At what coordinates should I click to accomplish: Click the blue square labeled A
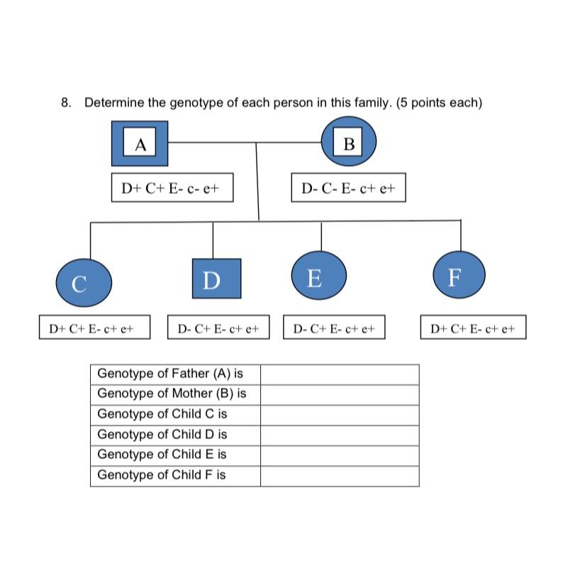(140, 143)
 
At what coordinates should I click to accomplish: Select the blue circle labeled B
(348, 143)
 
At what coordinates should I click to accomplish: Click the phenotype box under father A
(172, 189)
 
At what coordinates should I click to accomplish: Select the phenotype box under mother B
(348, 189)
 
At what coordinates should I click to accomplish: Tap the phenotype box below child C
(94, 328)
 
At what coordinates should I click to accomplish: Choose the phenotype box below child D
(218, 328)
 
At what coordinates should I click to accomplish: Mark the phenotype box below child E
(333, 328)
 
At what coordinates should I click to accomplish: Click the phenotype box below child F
(473, 328)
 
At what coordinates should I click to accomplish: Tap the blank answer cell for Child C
(339, 414)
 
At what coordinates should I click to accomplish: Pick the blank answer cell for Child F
(339, 475)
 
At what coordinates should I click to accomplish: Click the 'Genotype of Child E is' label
(162, 454)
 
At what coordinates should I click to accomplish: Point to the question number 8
(65, 103)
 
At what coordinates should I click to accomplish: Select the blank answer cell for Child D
(339, 435)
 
